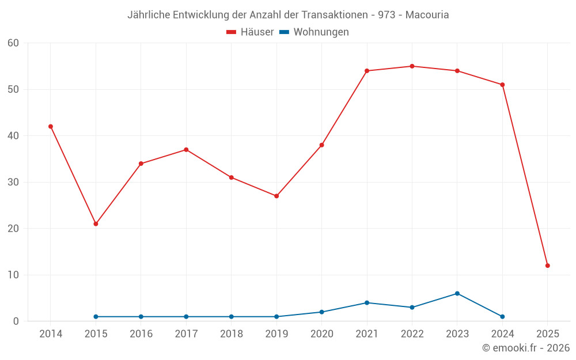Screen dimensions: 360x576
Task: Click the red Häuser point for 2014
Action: coord(51,126)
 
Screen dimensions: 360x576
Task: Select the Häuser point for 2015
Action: coord(96,223)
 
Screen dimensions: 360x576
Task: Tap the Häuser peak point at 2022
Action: coord(412,66)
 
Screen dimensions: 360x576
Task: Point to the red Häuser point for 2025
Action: coord(548,266)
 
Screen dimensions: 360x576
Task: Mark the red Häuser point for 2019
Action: coord(276,196)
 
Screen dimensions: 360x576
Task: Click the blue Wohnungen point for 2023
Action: coord(457,293)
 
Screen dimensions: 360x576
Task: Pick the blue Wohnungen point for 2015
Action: coord(96,317)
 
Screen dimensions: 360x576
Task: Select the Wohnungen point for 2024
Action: coord(502,317)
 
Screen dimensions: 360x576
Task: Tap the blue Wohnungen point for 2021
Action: coord(367,302)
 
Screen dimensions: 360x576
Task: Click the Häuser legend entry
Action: coord(250,32)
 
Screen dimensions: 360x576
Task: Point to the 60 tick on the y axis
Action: coord(13,43)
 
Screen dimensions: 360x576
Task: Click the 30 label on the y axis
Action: coord(13,182)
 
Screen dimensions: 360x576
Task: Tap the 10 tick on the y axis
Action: coord(13,275)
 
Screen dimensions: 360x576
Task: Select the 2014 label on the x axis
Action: coord(51,334)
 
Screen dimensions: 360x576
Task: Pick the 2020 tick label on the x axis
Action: coord(321,334)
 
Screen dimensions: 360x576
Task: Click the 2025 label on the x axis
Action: coord(548,334)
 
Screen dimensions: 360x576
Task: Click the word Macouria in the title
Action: coord(427,15)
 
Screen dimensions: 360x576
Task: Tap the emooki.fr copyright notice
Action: coord(526,348)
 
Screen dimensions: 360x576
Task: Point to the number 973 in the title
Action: coord(386,15)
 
